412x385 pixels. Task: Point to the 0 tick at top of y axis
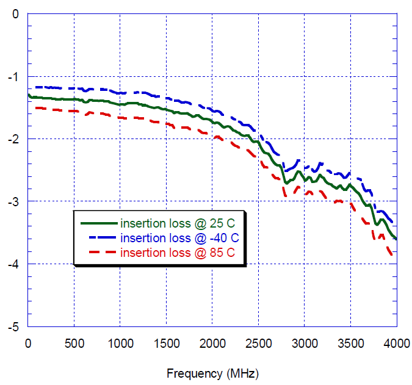(19, 14)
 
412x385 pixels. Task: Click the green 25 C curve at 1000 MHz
(120, 104)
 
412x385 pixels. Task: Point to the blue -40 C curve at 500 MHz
(74, 89)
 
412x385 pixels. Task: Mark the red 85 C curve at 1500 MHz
(166, 123)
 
